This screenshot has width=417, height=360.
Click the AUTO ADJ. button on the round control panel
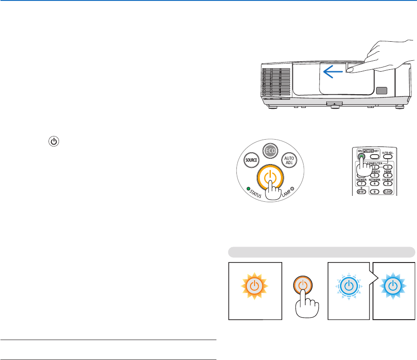pos(289,160)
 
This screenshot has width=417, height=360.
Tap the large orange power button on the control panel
pos(270,177)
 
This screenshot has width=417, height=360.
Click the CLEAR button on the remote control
pos(387,191)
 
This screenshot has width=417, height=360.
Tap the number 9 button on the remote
pos(387,183)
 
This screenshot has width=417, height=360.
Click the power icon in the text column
pos(54,141)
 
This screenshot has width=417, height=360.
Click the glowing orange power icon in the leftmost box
pos(255,286)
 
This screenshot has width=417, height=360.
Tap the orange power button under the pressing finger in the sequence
pos(304,286)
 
